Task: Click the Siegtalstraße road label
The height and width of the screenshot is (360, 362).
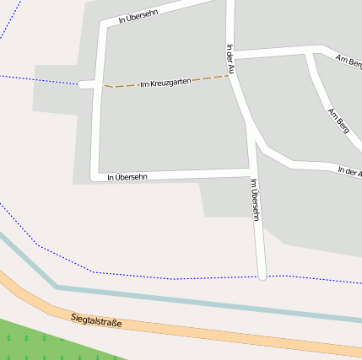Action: [x=97, y=321]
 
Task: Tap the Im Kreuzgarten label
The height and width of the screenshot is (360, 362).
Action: [x=165, y=81]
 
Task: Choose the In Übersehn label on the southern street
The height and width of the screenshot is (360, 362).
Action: [x=128, y=177]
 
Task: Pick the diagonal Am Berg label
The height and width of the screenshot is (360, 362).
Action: [x=338, y=121]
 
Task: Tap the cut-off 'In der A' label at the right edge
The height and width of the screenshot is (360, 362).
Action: [x=349, y=171]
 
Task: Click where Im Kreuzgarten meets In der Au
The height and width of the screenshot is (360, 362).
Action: [x=231, y=77]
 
